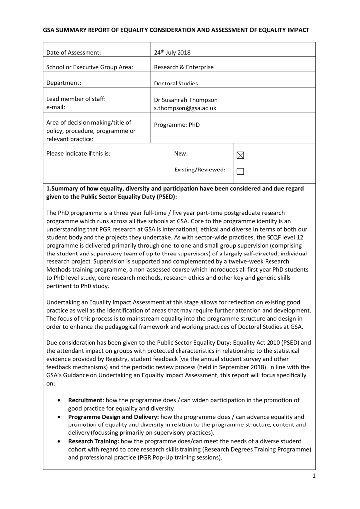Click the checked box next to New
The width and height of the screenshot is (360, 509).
coord(240,155)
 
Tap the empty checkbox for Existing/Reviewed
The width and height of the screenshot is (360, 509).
coord(240,171)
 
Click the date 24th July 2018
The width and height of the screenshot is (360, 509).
coord(172,52)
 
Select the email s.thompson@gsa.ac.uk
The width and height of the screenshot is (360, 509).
coord(185,108)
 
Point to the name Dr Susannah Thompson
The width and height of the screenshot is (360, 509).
coord(185,100)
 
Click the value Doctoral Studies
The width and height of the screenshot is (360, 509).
coord(176,84)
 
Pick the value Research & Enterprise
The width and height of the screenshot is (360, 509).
coord(183,67)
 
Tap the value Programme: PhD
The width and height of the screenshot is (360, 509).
coord(177,125)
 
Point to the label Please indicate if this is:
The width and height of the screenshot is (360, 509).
coord(78,154)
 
